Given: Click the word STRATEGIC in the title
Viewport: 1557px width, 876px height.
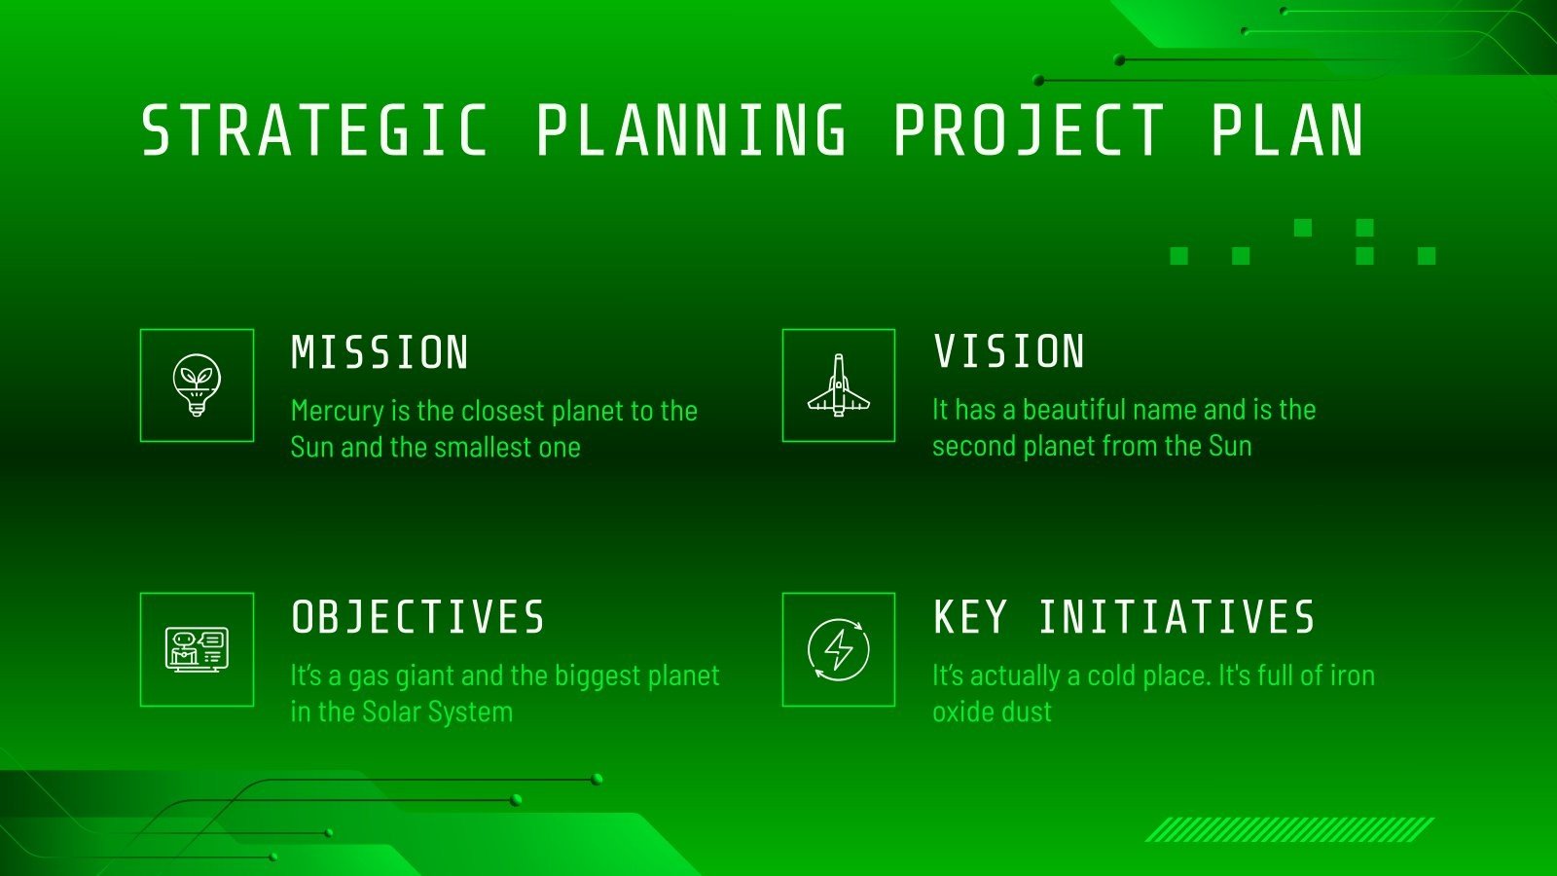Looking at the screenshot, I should tap(314, 130).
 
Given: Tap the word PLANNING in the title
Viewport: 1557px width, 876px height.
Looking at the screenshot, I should tap(692, 130).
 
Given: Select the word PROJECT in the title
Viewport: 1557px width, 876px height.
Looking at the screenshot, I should tap(1029, 130).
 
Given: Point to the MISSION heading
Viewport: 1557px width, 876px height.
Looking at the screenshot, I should tap(380, 352).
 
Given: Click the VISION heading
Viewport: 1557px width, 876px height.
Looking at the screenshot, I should tap(1009, 351).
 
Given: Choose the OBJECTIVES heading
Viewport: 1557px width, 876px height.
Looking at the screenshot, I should tap(418, 617).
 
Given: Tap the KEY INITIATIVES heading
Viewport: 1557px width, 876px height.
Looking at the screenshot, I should tap(1124, 617).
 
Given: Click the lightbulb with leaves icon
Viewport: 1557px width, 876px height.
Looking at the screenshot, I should tap(197, 385).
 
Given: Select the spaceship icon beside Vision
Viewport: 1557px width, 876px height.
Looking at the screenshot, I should tap(839, 385).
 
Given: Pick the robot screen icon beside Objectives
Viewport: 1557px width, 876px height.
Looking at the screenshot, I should tap(197, 649).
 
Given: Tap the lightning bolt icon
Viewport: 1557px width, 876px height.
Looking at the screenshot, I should tap(839, 649).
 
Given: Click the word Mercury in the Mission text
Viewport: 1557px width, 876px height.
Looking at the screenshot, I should tap(337, 411).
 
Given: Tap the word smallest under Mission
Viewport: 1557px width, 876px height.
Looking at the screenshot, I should tap(489, 448).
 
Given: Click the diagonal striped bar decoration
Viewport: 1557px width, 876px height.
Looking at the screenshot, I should tap(1289, 829).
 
